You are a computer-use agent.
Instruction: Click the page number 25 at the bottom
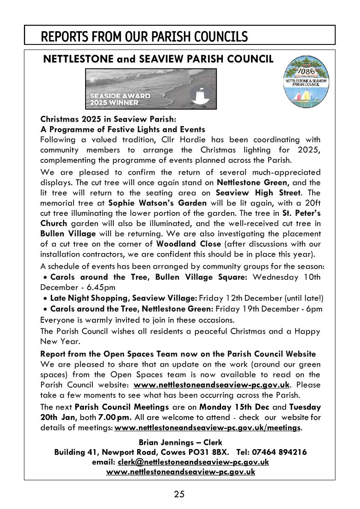(179, 494)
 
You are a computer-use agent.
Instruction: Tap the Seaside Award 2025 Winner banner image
(151, 89)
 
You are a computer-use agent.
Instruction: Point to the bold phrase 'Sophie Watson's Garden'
(157, 203)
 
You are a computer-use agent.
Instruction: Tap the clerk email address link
(193, 462)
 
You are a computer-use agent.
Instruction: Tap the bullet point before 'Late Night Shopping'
(45, 298)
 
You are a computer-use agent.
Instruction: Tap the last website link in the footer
(180, 472)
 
